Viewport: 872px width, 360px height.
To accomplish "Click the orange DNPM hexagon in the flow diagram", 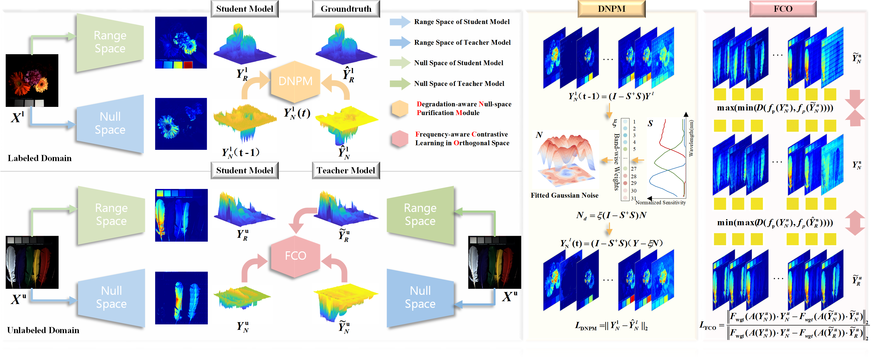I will pos(295,82).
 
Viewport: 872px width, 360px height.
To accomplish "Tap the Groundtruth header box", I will pos(346,9).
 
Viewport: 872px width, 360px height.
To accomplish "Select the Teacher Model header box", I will pos(346,171).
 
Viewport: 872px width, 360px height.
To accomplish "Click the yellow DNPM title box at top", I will pos(611,9).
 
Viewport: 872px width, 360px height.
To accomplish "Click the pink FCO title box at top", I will pos(783,9).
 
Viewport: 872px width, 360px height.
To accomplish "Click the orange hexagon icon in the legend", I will pos(400,109).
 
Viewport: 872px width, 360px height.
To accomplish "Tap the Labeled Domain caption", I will pos(40,158).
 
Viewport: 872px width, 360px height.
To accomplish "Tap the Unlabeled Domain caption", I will pos(43,331).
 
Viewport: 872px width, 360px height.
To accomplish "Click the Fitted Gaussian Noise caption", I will pos(564,196).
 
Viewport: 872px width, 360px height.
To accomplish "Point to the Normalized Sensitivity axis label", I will pos(660,203).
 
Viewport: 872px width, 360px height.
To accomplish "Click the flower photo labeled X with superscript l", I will pos(32,81).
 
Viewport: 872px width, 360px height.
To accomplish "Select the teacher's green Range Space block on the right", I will pos(420,215).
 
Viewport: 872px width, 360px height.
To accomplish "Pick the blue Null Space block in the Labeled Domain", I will pos(110,123).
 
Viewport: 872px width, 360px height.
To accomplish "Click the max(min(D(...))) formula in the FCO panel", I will pos(775,108).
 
